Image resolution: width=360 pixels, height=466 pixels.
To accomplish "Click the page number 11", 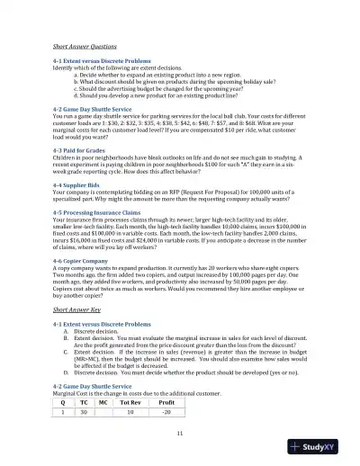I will pos(180,435).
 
